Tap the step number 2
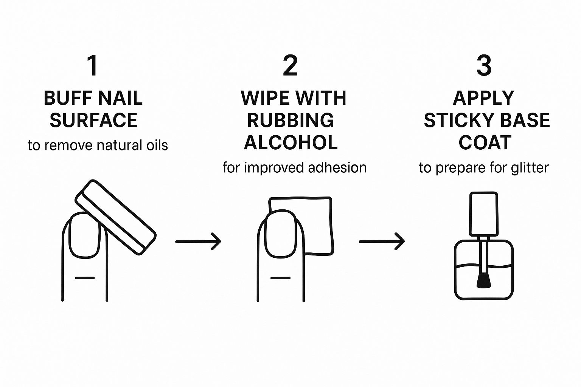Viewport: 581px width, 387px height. (x=290, y=66)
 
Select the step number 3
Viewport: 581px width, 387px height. (x=484, y=66)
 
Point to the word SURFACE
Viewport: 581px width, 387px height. (x=93, y=121)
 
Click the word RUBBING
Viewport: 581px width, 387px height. (x=290, y=121)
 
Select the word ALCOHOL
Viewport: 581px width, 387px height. (x=290, y=143)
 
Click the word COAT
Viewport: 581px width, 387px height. (x=485, y=143)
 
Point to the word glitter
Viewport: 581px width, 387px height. (x=530, y=168)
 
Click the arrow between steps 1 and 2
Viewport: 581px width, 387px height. (x=198, y=241)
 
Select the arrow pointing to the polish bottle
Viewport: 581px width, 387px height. (x=382, y=241)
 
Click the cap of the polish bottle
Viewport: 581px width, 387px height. (x=483, y=214)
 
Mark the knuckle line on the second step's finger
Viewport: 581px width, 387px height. (x=281, y=278)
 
